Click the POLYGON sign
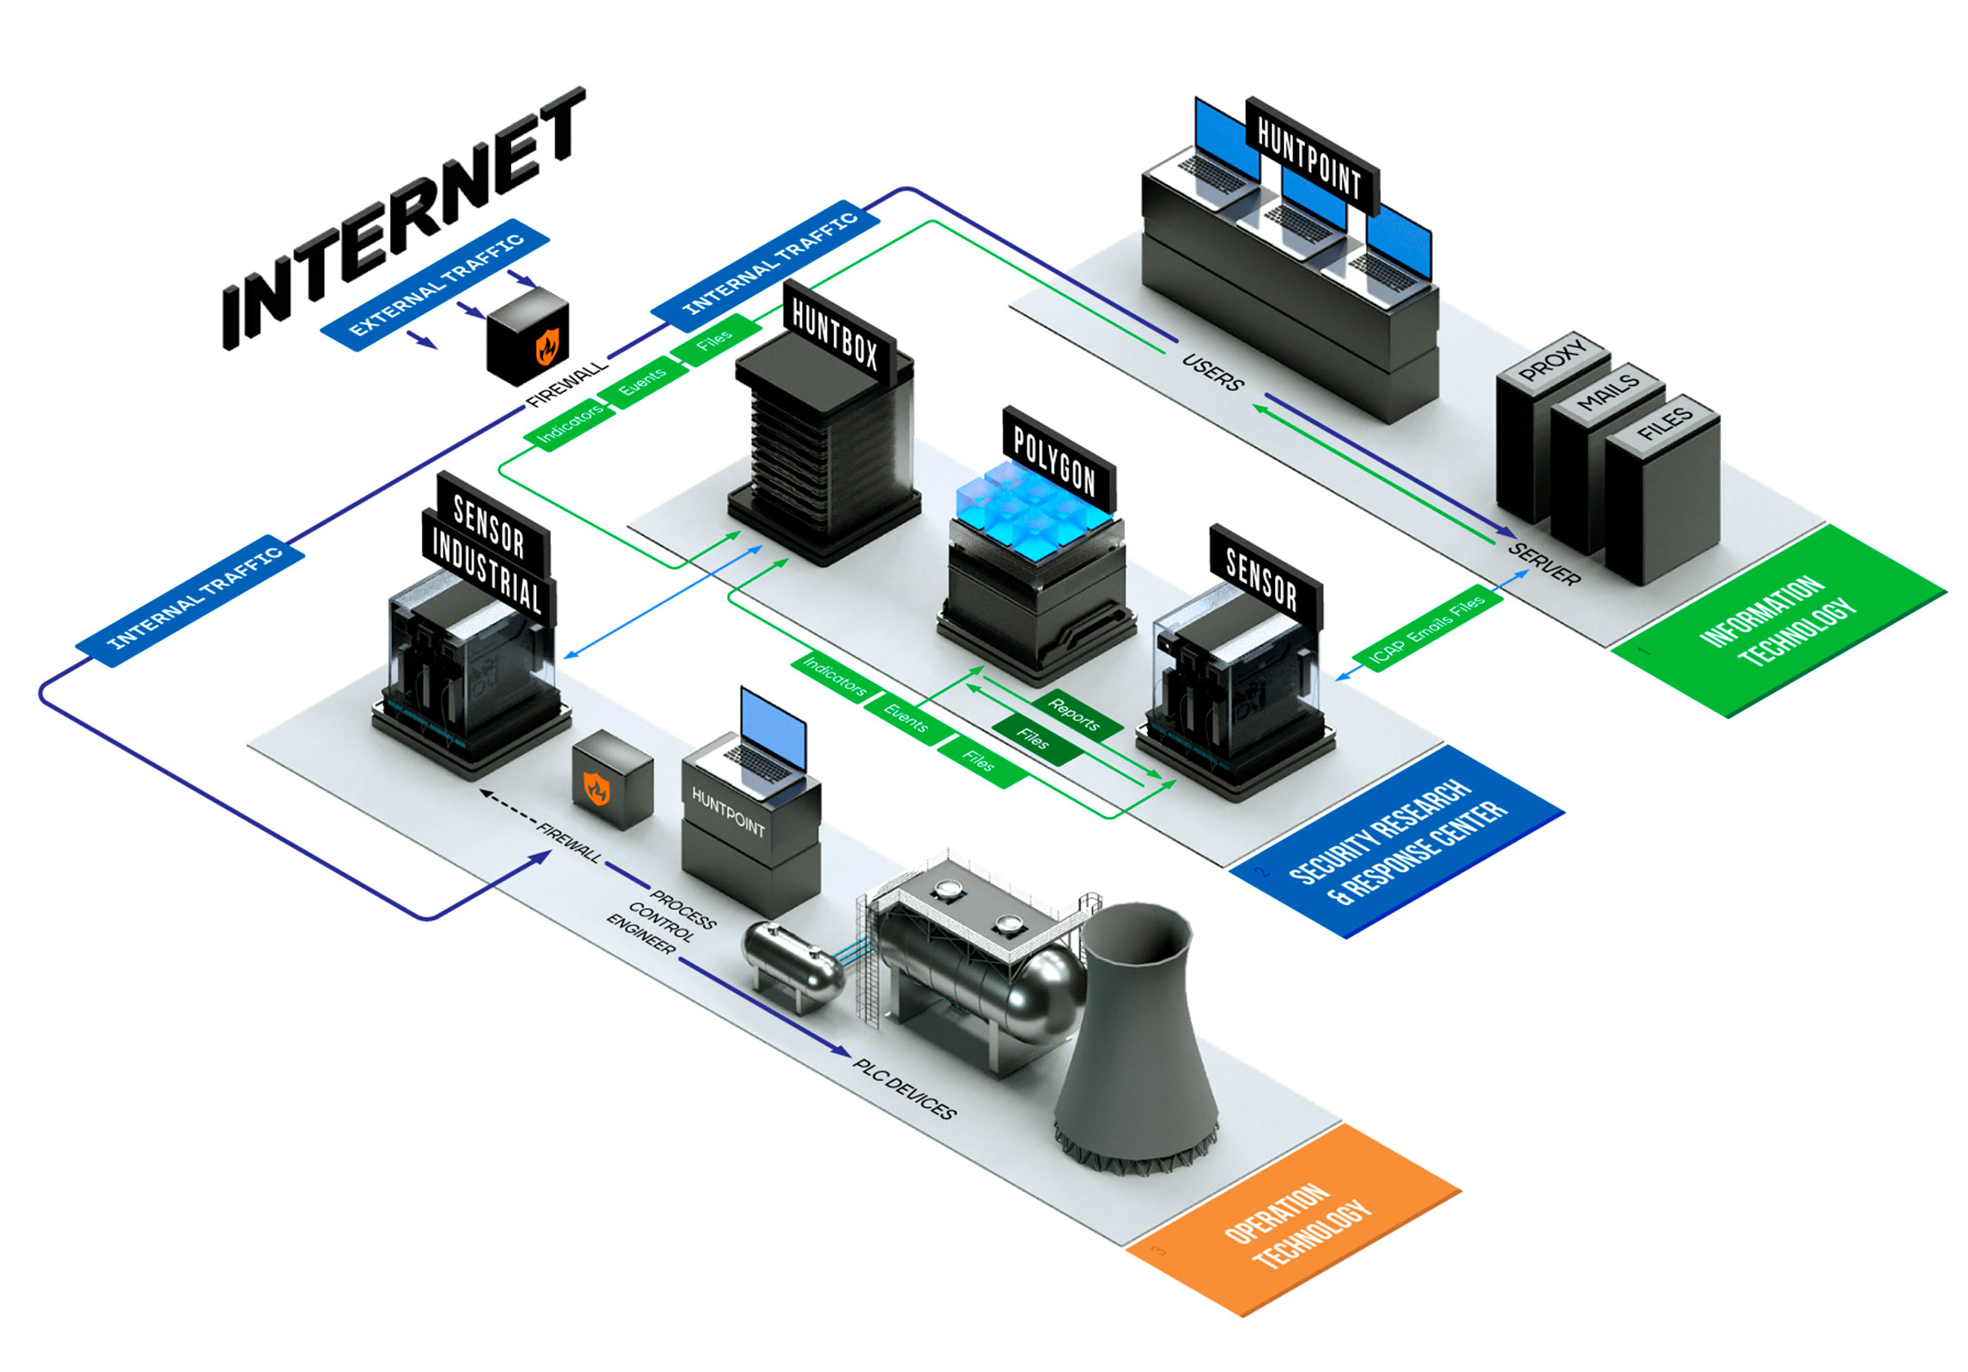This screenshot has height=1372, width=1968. (x=1055, y=457)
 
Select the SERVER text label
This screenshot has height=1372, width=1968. (x=1544, y=564)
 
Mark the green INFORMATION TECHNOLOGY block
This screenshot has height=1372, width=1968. (x=1779, y=622)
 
